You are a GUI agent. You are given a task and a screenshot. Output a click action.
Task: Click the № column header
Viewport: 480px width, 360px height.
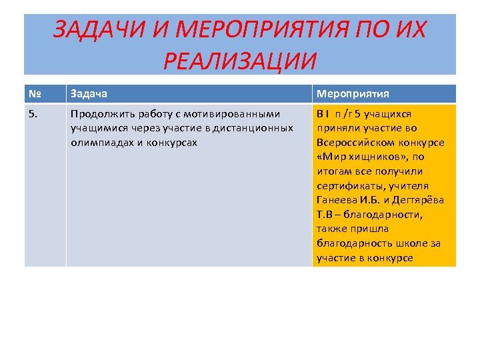pos(35,94)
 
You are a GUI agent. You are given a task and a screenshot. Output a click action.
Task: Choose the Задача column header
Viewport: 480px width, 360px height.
pos(89,94)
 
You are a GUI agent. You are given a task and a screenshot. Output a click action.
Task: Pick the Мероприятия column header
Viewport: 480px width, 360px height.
pos(353,94)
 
